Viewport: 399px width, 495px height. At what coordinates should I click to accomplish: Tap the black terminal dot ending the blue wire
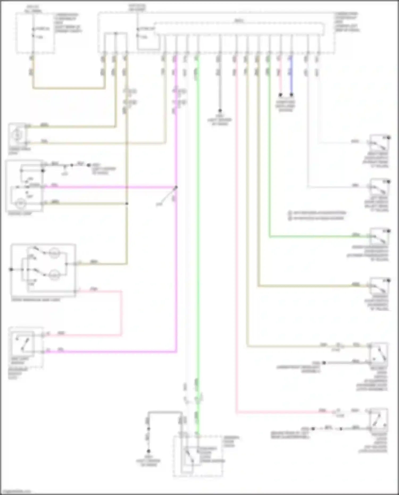(292, 95)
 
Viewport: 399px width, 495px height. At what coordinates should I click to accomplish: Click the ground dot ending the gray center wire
(220, 110)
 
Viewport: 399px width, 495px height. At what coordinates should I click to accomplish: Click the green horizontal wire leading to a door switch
(314, 236)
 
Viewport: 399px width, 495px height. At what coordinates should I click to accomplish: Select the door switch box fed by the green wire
(379, 236)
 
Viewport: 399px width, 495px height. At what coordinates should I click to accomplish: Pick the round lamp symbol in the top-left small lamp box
(17, 135)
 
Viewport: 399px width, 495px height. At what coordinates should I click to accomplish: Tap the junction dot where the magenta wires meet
(176, 187)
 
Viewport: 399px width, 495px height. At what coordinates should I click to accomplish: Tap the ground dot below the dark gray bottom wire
(148, 451)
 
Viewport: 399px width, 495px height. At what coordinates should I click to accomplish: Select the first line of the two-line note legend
(318, 213)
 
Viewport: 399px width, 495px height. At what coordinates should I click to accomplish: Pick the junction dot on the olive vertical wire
(127, 203)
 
